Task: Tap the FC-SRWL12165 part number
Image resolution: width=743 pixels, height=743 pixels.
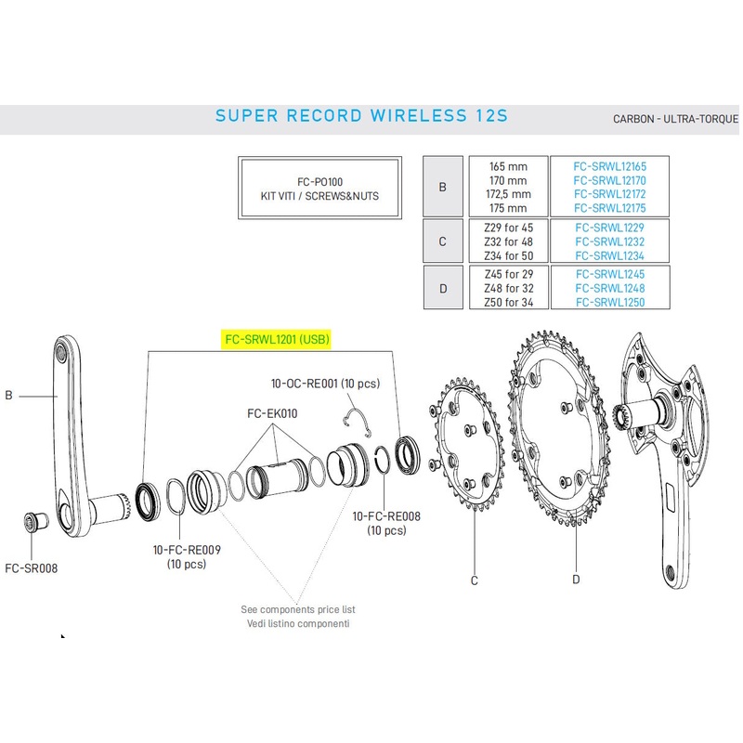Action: pos(609,165)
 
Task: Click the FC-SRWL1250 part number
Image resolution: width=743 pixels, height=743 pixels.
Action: pos(609,302)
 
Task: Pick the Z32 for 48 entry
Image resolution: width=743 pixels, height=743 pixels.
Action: pos(506,241)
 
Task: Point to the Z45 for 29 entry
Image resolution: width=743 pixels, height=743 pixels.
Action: pos(506,274)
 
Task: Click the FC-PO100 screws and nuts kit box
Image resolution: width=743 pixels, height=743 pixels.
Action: pos(320,189)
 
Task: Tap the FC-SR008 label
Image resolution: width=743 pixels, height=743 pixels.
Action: pos(32,568)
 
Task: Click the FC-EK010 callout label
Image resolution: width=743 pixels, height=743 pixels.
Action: pos(271,413)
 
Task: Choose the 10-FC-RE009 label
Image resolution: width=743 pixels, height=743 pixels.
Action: pos(187,551)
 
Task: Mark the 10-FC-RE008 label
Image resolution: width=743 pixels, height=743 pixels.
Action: pos(386,517)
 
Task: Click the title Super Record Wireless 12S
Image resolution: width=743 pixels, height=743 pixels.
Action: pos(362,116)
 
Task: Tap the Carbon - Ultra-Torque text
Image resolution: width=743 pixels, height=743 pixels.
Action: pos(675,120)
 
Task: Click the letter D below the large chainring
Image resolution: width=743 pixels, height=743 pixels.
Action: pos(576,580)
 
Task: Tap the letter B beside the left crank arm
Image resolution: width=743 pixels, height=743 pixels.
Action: pos(8,396)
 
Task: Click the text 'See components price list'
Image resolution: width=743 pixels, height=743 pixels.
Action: pos(298,609)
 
